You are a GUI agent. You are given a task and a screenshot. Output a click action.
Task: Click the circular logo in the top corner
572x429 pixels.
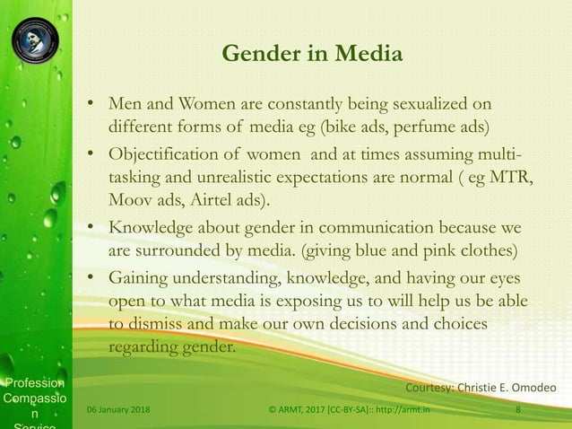pyautogui.click(x=35, y=39)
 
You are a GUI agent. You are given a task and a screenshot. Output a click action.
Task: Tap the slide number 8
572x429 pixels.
pyautogui.click(x=518, y=411)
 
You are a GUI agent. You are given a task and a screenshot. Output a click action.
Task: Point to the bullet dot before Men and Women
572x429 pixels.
pyautogui.click(x=91, y=103)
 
